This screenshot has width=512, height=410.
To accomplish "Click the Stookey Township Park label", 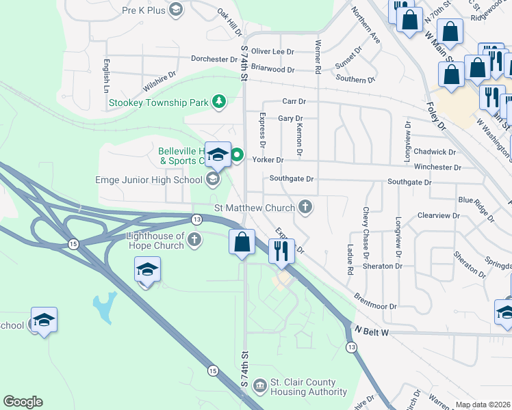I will pyautogui.click(x=158, y=103).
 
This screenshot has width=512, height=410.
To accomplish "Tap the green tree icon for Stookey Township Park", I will pyautogui.click(x=218, y=103).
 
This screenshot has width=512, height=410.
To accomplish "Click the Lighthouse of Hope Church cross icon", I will pyautogui.click(x=195, y=240).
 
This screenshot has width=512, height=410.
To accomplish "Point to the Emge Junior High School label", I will pyautogui.click(x=149, y=180).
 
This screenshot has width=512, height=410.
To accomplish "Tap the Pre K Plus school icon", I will pyautogui.click(x=176, y=10).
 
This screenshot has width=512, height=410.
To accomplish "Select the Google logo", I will pyautogui.click(x=23, y=402).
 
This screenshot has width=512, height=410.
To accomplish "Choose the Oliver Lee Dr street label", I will pyautogui.click(x=272, y=51).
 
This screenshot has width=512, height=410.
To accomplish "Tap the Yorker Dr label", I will pyautogui.click(x=268, y=160).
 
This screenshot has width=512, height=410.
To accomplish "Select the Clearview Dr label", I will pyautogui.click(x=438, y=215).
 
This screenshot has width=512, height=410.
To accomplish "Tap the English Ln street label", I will pyautogui.click(x=107, y=76).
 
